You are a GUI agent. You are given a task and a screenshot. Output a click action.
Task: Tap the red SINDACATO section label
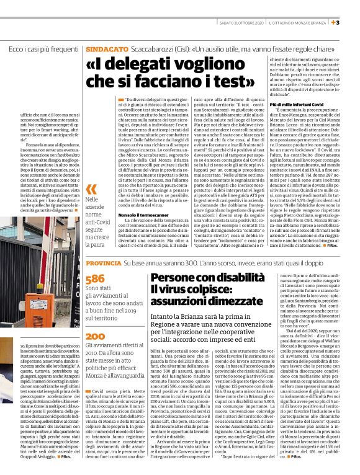tap(103, 48)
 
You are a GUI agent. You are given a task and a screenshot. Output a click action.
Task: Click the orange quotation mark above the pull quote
tap(91, 189)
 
